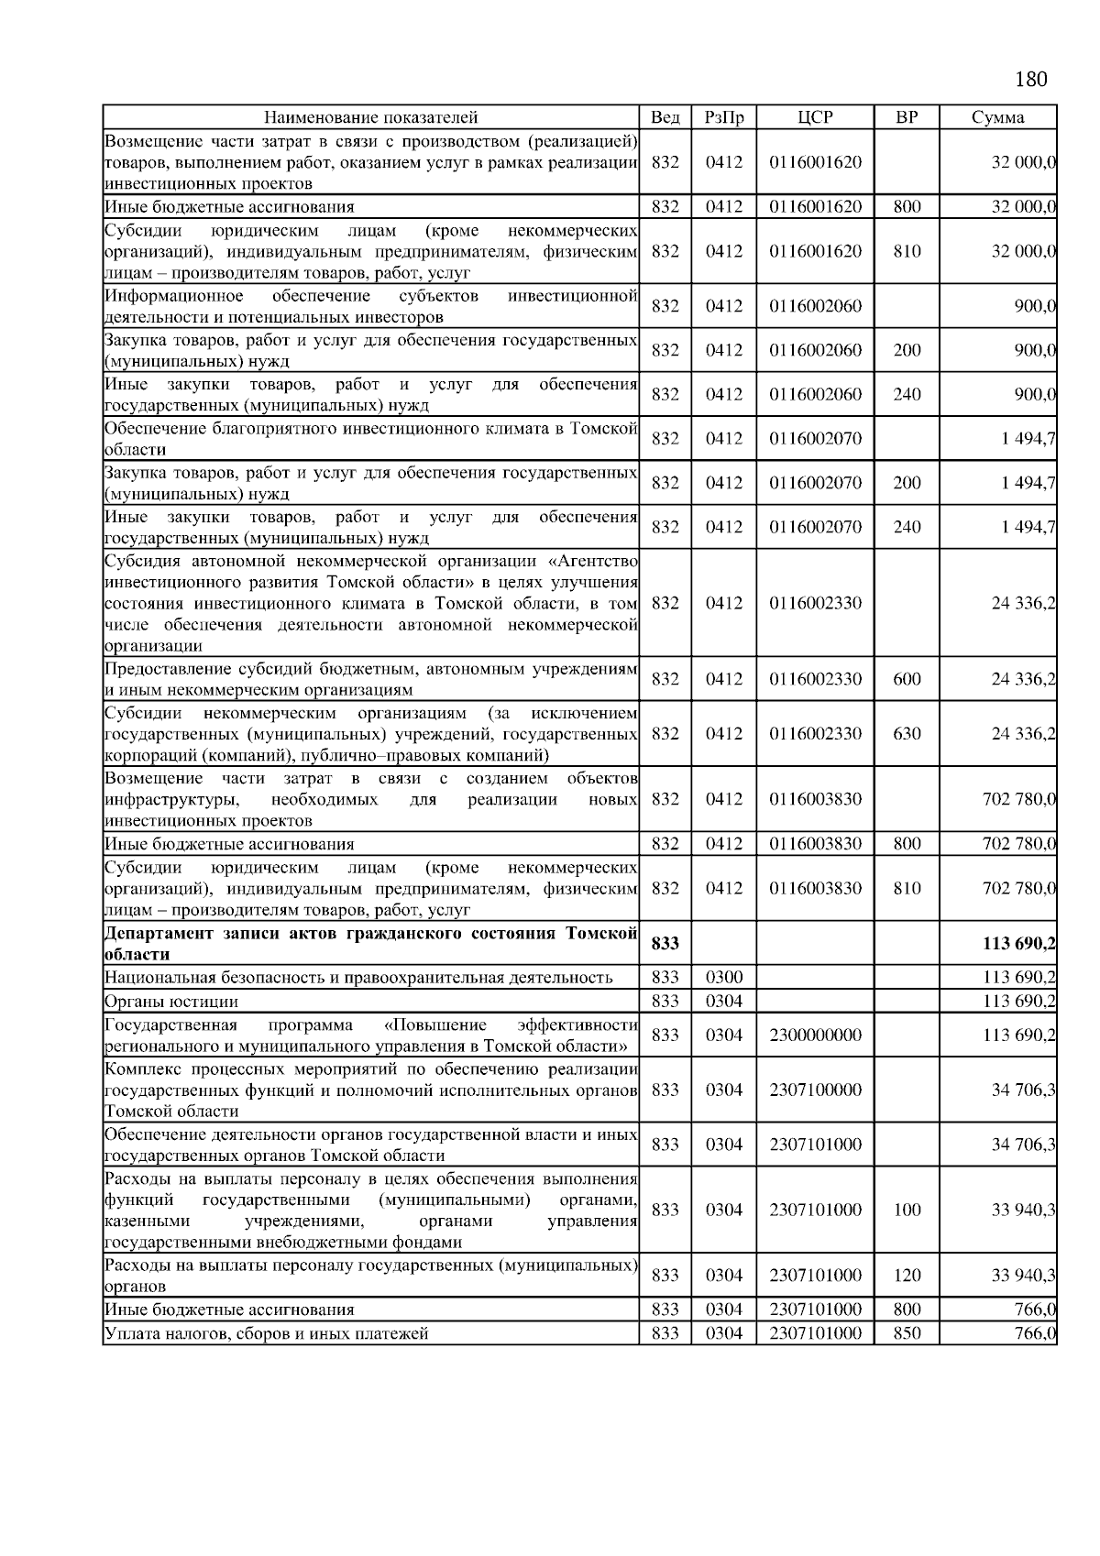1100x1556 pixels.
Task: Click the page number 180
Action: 1030,80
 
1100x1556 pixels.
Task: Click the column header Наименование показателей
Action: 370,117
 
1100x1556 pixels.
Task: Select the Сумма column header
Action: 997,117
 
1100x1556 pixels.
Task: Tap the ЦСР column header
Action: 815,117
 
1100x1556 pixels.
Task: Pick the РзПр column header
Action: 724,117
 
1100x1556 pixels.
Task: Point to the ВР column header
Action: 906,117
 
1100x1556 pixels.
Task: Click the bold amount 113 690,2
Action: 1018,944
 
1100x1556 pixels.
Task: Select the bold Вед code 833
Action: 665,944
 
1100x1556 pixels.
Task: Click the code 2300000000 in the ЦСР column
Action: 815,1036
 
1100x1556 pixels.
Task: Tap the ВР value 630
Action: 907,734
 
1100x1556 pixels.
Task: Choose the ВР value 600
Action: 907,679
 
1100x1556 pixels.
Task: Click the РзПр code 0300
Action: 724,978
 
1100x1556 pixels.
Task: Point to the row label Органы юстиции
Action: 171,1002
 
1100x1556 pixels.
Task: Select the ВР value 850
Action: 907,1333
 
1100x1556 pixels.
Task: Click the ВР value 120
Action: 907,1276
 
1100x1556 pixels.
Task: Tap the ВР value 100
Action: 907,1210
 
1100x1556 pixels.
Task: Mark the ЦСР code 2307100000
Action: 815,1090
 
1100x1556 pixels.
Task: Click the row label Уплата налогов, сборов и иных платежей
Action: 267,1333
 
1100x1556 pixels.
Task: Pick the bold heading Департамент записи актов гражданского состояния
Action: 370,934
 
